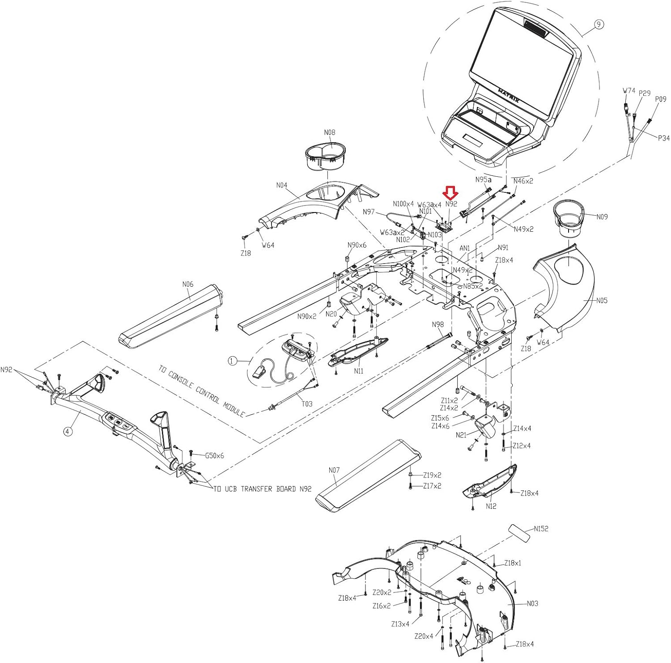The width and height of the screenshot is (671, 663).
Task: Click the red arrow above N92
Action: point(450,193)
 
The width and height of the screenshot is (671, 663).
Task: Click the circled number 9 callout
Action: point(599,25)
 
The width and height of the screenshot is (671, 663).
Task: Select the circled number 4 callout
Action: point(67,432)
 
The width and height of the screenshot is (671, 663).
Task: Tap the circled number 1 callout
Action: point(232,361)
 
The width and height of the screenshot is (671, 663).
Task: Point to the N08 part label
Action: point(329,132)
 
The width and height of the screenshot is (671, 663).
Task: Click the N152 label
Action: point(541,528)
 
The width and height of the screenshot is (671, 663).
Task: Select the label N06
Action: point(188,284)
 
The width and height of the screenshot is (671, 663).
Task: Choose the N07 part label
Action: point(334,470)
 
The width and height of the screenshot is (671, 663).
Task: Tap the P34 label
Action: point(663,138)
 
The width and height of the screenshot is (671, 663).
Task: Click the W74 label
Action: point(629,90)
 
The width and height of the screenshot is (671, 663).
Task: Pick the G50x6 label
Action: point(214,455)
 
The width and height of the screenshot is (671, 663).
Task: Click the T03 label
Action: point(306,404)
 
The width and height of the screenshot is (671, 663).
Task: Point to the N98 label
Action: point(437,324)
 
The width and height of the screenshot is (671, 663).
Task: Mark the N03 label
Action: point(532,603)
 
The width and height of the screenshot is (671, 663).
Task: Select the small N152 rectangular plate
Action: point(519,533)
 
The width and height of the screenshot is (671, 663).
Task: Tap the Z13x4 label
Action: point(400,624)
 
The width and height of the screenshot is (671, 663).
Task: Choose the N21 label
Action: point(461,434)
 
